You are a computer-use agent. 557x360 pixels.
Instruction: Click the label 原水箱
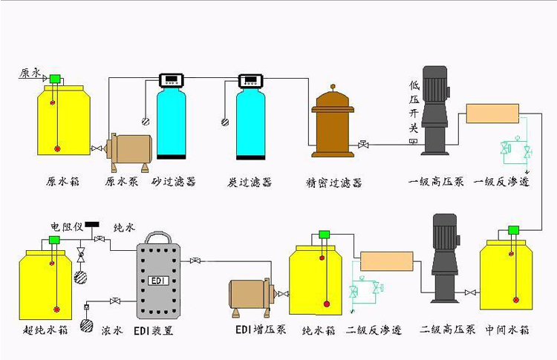(x=62, y=182)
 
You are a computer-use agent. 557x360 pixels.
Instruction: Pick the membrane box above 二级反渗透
(x=386, y=261)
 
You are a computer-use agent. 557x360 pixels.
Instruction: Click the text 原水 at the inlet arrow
(x=30, y=73)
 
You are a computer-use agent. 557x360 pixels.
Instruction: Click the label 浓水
(x=111, y=330)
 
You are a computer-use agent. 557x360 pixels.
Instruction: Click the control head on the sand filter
(x=172, y=79)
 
